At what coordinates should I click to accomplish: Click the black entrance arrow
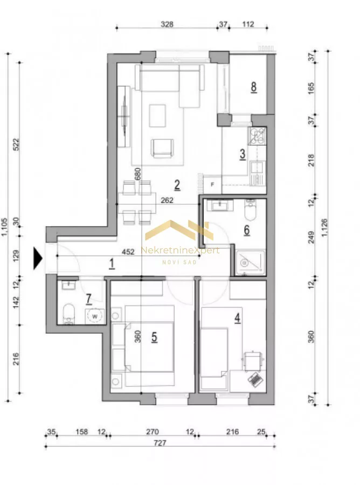(38, 259)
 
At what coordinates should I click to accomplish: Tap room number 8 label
(254, 87)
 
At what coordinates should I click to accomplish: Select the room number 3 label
(243, 154)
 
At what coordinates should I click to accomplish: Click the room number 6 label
(246, 230)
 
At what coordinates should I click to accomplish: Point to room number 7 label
(89, 299)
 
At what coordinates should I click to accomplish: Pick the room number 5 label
(154, 337)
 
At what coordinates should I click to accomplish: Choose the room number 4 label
(237, 317)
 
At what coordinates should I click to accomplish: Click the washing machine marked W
(95, 316)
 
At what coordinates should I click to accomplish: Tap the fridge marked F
(212, 185)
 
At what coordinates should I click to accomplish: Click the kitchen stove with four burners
(257, 136)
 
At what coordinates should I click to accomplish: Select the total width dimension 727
(160, 442)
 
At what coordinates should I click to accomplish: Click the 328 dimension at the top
(167, 24)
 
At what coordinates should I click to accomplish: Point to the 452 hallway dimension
(128, 252)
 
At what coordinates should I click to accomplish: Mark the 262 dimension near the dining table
(167, 200)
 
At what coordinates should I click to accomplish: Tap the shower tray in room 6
(251, 263)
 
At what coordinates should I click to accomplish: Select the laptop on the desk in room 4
(255, 380)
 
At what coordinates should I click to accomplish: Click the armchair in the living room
(162, 148)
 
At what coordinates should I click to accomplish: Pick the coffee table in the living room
(157, 116)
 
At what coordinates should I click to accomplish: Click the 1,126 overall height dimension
(324, 227)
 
